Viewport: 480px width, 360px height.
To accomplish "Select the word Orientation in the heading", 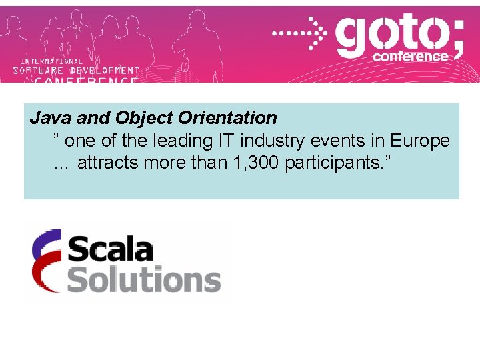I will [x=228, y=118].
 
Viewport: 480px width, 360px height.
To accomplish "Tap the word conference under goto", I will [x=411, y=57].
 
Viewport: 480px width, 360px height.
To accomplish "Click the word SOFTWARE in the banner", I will [x=39, y=70].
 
